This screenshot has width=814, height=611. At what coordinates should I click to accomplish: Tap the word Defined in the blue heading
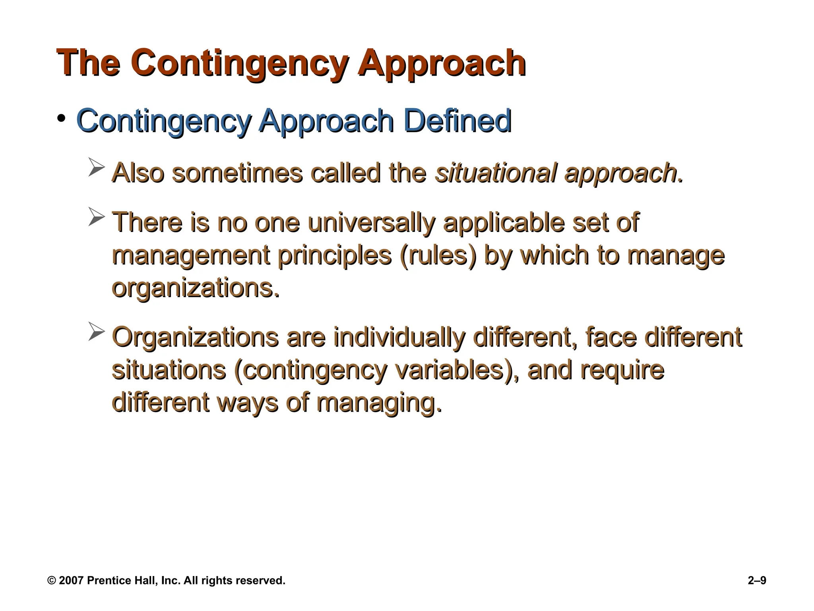tap(457, 121)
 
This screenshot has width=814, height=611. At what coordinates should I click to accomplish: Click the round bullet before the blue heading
tap(61, 118)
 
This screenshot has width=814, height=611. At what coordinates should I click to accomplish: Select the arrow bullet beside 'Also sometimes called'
tap(96, 167)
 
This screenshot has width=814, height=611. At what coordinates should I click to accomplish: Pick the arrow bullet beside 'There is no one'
tap(96, 217)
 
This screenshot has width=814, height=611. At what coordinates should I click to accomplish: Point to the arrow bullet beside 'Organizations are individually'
tap(96, 331)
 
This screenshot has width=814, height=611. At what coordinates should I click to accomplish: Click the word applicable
tap(503, 222)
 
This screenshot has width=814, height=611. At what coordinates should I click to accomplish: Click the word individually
tap(399, 337)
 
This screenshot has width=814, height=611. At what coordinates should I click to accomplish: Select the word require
tap(622, 370)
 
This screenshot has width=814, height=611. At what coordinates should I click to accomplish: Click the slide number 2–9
tap(757, 581)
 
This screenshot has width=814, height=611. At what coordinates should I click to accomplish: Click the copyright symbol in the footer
tap(52, 581)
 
